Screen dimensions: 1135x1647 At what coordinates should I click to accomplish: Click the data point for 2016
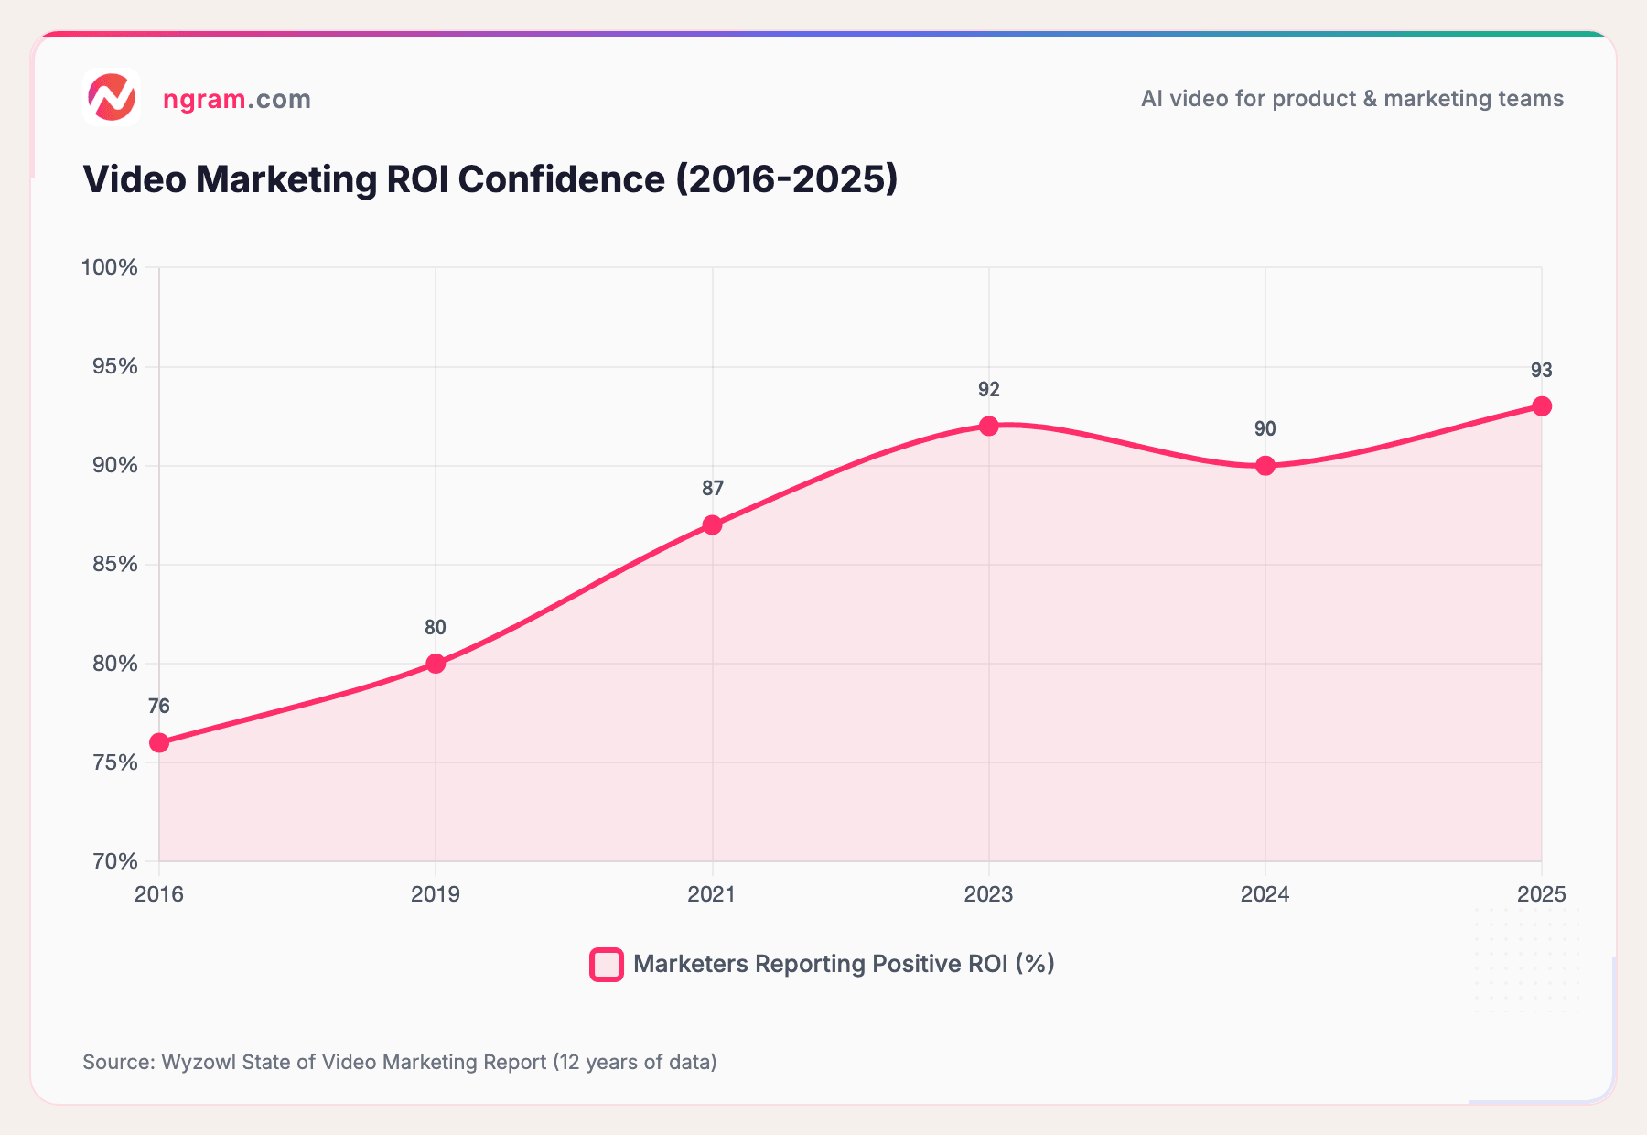159,742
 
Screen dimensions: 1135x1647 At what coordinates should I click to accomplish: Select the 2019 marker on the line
436,664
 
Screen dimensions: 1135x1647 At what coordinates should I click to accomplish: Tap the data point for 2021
712,524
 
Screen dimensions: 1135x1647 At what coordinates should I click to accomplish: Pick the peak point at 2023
989,426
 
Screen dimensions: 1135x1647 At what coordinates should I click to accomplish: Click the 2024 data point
1265,466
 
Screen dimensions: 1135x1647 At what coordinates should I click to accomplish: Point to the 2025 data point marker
1542,406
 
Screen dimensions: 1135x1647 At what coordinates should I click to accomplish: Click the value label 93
1542,371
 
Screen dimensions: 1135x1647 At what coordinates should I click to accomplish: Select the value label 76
159,707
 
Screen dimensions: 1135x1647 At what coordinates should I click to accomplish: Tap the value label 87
712,489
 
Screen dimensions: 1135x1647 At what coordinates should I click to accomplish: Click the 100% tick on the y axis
110,267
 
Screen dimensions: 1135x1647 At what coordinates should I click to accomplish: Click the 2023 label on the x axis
989,894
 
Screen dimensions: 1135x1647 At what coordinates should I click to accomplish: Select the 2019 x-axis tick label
436,894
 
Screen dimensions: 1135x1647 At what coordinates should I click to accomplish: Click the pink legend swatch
607,965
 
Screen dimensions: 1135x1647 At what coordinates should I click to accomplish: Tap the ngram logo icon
112,97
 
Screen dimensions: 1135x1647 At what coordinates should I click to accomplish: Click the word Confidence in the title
562,179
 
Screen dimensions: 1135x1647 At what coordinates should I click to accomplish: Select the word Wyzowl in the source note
199,1062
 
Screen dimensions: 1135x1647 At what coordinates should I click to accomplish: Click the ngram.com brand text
237,99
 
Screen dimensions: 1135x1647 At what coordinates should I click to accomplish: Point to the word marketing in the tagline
1427,99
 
